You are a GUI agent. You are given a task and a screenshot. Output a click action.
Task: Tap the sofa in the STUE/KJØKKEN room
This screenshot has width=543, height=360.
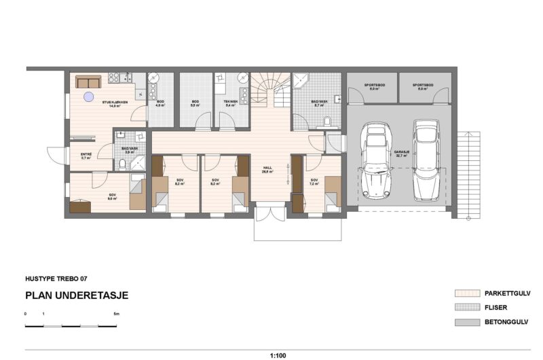tap(88, 82)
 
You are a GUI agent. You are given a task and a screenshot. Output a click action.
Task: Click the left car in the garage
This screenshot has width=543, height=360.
tap(374, 160)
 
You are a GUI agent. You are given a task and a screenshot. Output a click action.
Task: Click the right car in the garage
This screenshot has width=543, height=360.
tap(426, 160)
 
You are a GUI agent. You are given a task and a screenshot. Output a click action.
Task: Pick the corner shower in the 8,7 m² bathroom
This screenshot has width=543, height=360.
tap(301, 79)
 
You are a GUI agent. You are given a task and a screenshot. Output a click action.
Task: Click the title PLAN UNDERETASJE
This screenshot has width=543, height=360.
tap(76, 295)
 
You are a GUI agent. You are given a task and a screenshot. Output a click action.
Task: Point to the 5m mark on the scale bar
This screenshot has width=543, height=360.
tap(116, 314)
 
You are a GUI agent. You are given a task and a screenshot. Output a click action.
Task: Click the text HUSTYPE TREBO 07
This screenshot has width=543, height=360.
tap(56, 278)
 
